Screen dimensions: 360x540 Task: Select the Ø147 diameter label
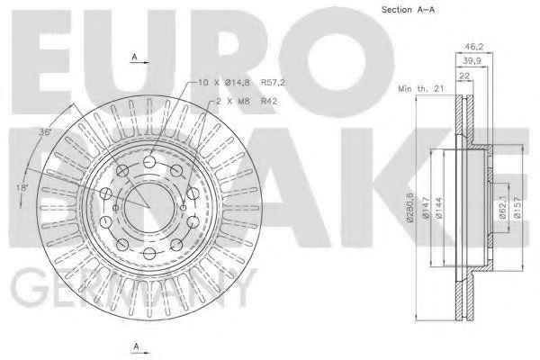426,203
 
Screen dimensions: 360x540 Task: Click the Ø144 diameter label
441,203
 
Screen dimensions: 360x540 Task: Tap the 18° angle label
22,187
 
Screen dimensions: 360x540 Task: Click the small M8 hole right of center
184,208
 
